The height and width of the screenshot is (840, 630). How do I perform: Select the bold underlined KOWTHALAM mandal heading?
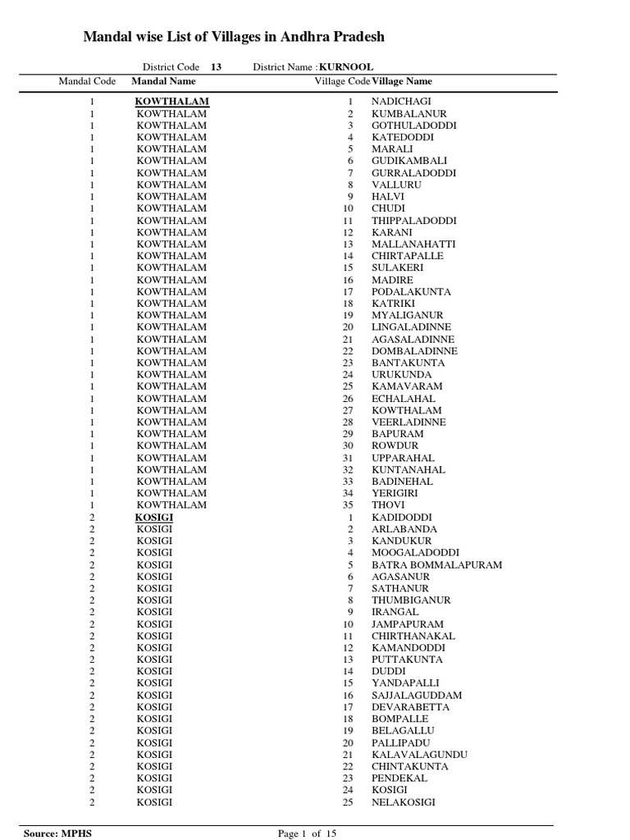(x=172, y=101)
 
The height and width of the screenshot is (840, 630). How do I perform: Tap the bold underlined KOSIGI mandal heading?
(x=154, y=518)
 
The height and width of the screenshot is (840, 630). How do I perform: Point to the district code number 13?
(x=216, y=67)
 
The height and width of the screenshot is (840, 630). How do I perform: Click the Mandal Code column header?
(x=88, y=81)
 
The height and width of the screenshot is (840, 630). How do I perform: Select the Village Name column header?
(x=402, y=81)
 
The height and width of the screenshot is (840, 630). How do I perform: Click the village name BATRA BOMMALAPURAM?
(x=436, y=565)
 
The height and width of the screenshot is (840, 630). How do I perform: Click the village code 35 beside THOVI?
(x=347, y=505)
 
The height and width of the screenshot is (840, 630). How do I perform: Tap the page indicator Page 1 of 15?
(x=308, y=833)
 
